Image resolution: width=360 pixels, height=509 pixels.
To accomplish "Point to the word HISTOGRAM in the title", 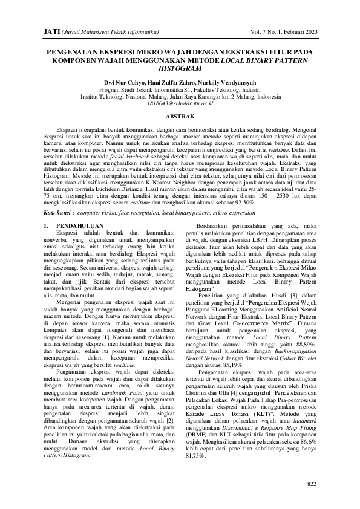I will pos(180,70).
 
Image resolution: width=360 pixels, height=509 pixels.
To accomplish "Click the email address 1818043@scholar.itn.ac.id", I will pos(180,103).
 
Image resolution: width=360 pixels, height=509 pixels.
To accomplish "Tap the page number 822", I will pos(312,484).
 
